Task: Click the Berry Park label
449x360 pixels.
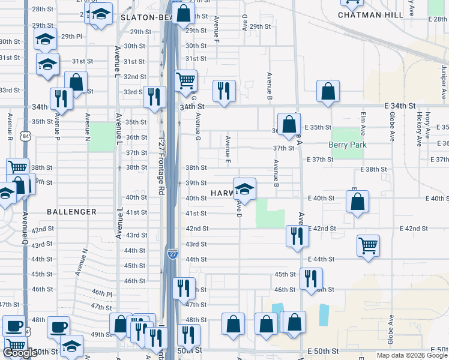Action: (x=347, y=145)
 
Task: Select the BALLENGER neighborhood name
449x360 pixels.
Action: (x=71, y=212)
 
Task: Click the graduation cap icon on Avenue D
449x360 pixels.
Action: (x=244, y=190)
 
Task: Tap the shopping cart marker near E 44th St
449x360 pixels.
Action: (x=369, y=245)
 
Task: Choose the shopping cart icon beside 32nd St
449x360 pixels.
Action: (x=186, y=80)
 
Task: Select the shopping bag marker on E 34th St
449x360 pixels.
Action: (x=328, y=92)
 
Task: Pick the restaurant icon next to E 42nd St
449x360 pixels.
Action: (x=297, y=236)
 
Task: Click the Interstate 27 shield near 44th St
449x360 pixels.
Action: (x=172, y=254)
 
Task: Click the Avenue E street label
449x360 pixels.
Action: (x=228, y=149)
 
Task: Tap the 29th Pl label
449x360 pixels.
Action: (x=71, y=37)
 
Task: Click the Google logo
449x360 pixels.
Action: (x=20, y=353)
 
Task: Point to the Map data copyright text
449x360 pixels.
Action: (x=412, y=356)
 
